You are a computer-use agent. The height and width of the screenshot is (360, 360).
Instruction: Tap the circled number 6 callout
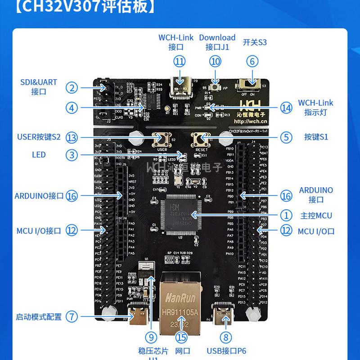click(x=252, y=61)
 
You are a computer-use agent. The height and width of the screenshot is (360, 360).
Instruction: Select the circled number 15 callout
click(x=181, y=337)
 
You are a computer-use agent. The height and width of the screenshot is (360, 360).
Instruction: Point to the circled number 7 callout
click(x=72, y=316)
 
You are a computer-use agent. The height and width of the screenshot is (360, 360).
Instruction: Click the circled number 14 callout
click(x=286, y=108)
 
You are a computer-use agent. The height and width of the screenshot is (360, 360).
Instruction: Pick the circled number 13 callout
click(x=72, y=137)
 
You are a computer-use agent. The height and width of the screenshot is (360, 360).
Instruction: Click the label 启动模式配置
click(x=39, y=317)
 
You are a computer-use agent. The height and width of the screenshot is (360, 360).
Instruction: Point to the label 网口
click(x=183, y=351)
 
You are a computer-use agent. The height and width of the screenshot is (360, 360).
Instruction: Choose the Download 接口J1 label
click(x=217, y=42)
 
